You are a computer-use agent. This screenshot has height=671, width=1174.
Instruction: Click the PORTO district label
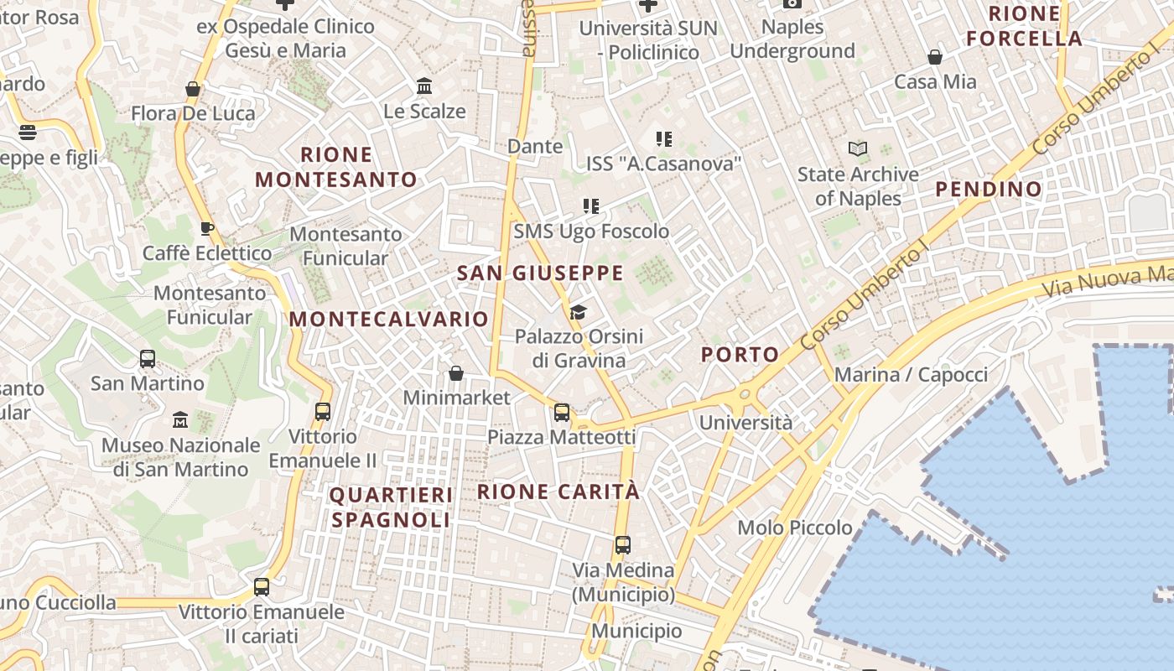[x=740, y=354]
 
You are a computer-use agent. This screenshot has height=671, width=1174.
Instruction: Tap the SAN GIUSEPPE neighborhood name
[x=540, y=273]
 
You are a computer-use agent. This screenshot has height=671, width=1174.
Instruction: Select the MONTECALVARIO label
[x=388, y=319]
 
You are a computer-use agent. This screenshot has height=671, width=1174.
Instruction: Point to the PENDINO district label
[x=989, y=189]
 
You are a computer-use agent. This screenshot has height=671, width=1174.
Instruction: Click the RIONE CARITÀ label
[x=558, y=492]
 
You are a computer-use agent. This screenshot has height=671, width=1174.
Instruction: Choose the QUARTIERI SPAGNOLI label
[x=391, y=507]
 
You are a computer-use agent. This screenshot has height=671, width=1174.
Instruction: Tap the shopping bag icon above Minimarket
[x=456, y=372]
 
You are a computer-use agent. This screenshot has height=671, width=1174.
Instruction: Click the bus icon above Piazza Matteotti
[x=562, y=413]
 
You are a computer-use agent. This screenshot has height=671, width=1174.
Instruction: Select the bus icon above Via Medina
[x=622, y=545]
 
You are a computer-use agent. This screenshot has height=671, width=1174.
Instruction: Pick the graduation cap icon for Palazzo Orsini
[x=578, y=313]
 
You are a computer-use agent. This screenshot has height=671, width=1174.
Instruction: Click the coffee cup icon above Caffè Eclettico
[x=207, y=228]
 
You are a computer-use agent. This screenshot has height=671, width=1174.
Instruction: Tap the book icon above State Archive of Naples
[x=857, y=149]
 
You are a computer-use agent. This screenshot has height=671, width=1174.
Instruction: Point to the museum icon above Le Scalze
[x=424, y=86]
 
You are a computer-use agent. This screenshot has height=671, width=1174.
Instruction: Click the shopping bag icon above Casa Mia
[x=935, y=57]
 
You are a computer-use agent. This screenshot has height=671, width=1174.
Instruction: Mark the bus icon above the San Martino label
[x=148, y=359]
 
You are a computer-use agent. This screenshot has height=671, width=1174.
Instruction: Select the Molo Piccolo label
[x=795, y=528]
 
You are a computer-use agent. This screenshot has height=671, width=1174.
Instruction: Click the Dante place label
[x=535, y=146]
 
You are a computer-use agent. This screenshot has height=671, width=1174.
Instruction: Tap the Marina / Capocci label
[x=911, y=374]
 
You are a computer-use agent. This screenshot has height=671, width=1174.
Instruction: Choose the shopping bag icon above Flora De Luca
[x=193, y=88]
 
